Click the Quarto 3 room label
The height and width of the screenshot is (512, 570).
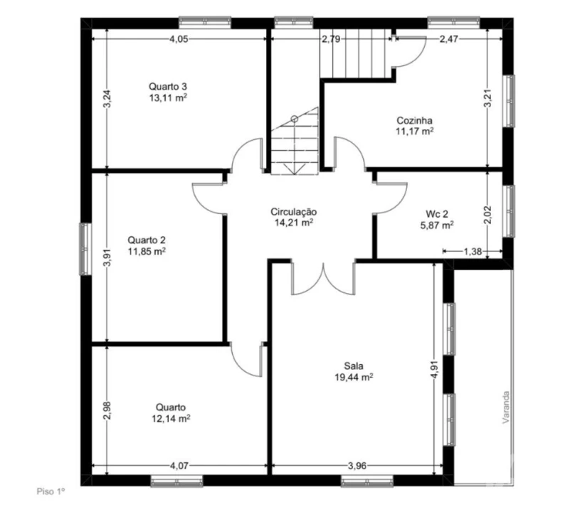[168, 87]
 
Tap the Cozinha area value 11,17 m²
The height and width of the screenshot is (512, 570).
[414, 131]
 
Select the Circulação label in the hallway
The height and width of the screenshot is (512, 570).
[294, 212]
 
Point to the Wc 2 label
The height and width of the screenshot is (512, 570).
[437, 214]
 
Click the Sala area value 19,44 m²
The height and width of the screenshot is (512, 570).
[354, 377]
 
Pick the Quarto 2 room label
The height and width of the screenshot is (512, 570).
[147, 240]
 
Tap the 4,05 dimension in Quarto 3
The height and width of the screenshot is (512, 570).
[179, 39]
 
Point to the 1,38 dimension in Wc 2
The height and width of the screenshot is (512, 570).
[473, 251]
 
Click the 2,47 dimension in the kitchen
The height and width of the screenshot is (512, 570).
[448, 39]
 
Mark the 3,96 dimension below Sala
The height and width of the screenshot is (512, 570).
[357, 466]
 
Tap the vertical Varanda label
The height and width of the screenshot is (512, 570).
[506, 407]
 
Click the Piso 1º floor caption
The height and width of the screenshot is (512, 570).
[51, 492]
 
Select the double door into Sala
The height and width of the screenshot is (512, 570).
[323, 278]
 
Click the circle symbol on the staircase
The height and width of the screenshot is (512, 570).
[295, 119]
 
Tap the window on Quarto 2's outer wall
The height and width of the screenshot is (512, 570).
[85, 249]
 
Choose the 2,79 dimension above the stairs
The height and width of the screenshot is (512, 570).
[331, 39]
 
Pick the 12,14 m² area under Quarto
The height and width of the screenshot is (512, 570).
[171, 419]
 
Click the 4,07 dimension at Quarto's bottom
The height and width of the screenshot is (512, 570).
[179, 466]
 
